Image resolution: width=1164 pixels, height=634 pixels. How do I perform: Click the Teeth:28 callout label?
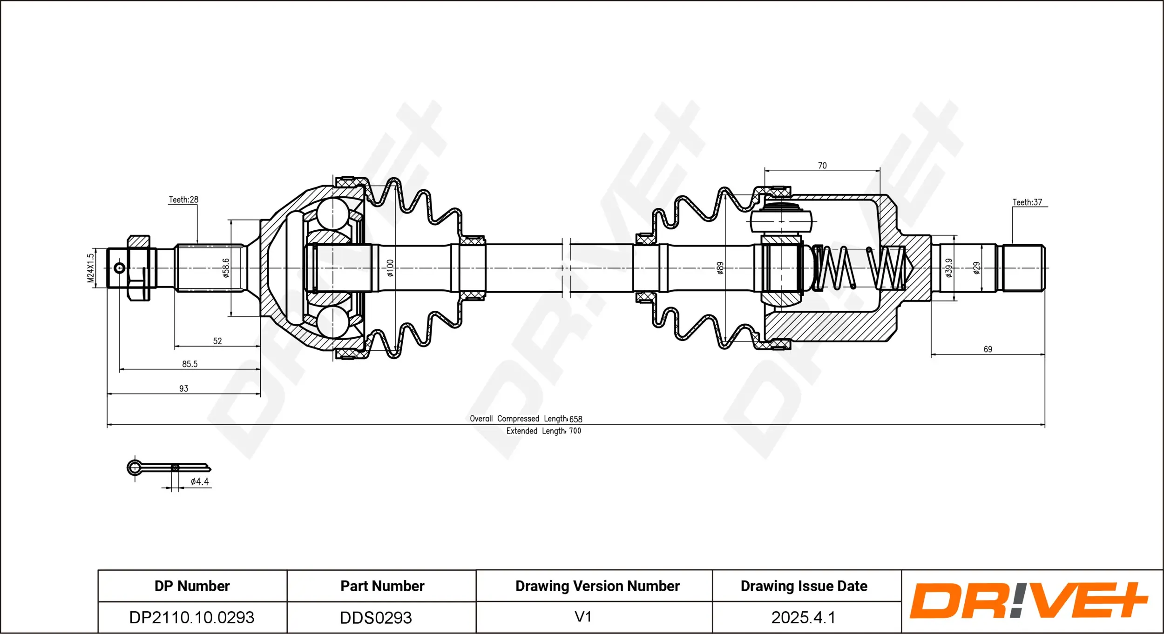tap(183, 200)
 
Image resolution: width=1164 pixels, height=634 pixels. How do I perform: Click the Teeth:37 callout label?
tap(1027, 202)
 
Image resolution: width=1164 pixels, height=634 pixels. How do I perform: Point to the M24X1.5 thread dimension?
tap(91, 268)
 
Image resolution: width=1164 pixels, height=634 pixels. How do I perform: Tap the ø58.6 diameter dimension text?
tap(226, 268)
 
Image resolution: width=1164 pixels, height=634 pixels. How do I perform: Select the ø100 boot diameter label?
tap(390, 268)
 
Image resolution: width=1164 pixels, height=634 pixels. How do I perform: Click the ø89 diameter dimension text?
tap(720, 268)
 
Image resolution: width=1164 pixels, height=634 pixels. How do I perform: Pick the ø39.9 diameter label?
tap(949, 268)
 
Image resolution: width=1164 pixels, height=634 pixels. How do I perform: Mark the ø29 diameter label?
tap(977, 268)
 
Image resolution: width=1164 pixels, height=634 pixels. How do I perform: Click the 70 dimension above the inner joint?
tap(822, 166)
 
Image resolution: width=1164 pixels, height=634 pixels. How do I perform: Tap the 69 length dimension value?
tap(988, 349)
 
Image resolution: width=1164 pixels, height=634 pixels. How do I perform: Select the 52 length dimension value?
tap(217, 341)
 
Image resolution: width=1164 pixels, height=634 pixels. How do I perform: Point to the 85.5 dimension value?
tap(189, 364)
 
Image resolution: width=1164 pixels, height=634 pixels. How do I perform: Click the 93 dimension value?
tap(184, 388)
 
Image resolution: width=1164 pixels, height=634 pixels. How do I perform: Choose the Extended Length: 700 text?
tap(543, 431)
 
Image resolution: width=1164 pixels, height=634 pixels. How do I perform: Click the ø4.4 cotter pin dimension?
tap(200, 482)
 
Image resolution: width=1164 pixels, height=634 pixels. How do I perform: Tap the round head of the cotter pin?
tap(135, 467)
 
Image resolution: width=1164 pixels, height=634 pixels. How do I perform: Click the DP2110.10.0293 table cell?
tap(192, 617)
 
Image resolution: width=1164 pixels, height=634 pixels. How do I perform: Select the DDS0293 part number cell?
tap(376, 618)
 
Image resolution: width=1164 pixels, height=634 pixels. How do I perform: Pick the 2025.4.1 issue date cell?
tap(803, 617)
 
